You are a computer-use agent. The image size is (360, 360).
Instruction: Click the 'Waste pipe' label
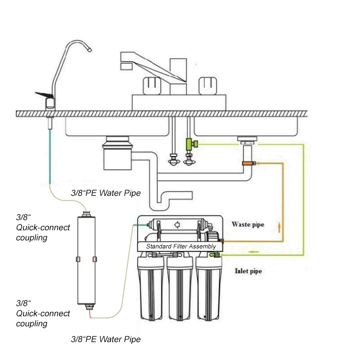[247, 224]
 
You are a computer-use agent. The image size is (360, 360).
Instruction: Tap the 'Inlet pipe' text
[248, 271]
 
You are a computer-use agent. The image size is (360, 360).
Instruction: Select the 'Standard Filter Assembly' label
[181, 247]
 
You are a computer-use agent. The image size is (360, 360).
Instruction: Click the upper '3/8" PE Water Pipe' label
[106, 193]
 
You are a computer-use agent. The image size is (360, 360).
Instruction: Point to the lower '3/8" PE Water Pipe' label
[106, 339]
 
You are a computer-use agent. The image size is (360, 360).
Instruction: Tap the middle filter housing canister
[180, 288]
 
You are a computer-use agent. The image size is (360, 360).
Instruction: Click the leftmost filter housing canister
[151, 288]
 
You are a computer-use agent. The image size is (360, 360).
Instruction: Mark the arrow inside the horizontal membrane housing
[177, 222]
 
